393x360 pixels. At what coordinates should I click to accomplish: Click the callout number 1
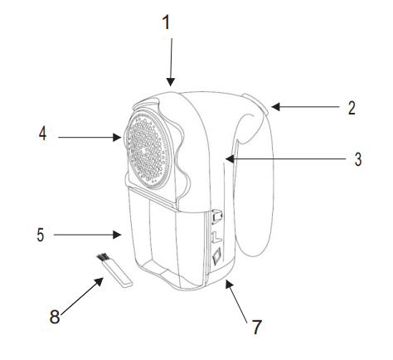166,22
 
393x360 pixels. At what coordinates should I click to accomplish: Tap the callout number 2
352,108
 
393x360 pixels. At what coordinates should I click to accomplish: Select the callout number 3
358,159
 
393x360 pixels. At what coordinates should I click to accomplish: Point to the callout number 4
42,134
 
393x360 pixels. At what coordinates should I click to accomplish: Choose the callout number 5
41,235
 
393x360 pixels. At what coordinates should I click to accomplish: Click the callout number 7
257,327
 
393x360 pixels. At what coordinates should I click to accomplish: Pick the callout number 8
55,316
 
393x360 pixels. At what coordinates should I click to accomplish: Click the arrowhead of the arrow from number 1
171,83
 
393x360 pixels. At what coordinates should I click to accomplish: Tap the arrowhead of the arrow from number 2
275,107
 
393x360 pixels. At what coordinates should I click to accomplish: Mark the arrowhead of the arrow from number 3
230,159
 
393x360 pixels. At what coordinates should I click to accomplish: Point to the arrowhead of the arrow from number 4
118,137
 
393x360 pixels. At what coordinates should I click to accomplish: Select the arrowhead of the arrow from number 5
118,235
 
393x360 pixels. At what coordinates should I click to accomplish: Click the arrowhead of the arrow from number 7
228,283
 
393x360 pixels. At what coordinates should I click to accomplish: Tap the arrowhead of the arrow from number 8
99,281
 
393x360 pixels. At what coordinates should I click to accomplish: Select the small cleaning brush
114,270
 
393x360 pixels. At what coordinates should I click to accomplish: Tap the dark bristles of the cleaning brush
102,257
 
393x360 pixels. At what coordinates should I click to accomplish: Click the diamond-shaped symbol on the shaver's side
216,255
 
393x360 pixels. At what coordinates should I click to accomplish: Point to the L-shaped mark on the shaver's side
216,236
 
